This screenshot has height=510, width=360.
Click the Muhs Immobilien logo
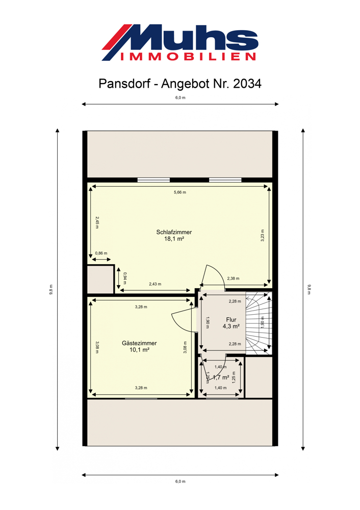click(x=180, y=43)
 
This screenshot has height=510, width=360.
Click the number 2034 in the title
click(x=247, y=84)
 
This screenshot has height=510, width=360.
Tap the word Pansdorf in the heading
click(x=124, y=84)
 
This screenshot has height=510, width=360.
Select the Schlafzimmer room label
click(x=174, y=232)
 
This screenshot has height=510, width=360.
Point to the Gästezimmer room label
click(x=139, y=343)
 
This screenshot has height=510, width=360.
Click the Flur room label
click(x=231, y=320)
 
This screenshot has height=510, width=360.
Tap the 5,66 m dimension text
click(x=180, y=192)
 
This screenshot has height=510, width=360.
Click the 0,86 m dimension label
click(x=101, y=253)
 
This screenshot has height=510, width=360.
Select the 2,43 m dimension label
click(x=155, y=284)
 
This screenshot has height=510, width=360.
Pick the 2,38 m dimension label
click(x=233, y=278)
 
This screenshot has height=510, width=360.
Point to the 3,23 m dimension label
click(x=263, y=236)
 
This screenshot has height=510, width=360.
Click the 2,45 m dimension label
click(x=97, y=222)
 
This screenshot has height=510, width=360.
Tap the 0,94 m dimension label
click(x=125, y=278)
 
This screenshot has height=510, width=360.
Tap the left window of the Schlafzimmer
click(x=153, y=180)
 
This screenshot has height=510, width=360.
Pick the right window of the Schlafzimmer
click(x=225, y=180)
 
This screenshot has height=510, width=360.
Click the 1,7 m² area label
click(x=221, y=377)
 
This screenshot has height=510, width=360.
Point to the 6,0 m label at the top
click(x=180, y=97)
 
